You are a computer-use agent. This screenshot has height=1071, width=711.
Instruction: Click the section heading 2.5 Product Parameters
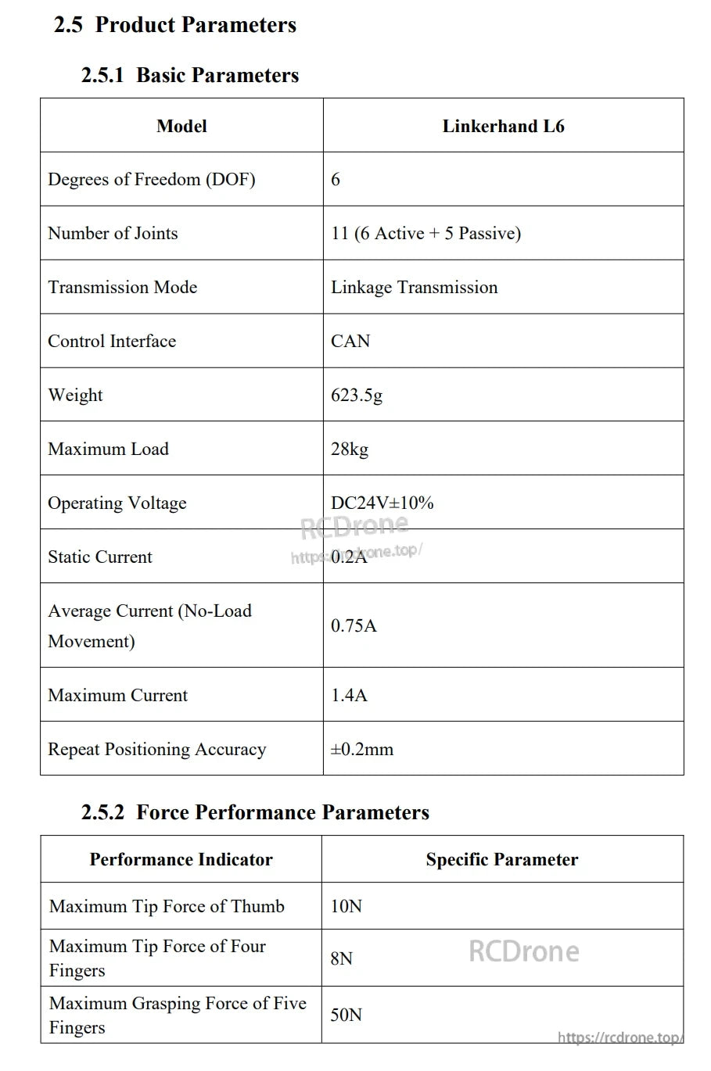[x=175, y=25]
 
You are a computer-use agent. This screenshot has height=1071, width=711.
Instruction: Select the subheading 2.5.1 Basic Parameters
[x=190, y=75]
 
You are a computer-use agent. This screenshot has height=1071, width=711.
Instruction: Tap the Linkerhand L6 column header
[x=503, y=126]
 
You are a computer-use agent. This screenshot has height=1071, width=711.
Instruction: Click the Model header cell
[x=181, y=126]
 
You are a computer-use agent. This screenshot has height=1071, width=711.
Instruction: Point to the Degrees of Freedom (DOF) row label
[x=152, y=179]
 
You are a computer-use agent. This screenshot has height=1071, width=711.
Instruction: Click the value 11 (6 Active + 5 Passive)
[x=426, y=233]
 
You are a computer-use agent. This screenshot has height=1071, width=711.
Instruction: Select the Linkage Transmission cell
[x=414, y=287]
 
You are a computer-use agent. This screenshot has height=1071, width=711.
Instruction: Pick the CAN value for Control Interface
[x=350, y=341]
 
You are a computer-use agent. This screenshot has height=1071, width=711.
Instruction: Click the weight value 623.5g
[x=357, y=395]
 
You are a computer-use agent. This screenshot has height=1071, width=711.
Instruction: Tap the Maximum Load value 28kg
[x=350, y=449]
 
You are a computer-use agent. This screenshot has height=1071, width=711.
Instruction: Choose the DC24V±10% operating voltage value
[x=382, y=503]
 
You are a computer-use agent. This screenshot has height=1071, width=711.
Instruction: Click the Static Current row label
[x=100, y=557]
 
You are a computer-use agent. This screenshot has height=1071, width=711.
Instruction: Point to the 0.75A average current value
[x=354, y=625]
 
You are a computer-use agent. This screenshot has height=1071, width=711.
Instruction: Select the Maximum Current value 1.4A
[x=349, y=695]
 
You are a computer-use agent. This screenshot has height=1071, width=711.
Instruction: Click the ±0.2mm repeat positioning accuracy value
[x=361, y=749]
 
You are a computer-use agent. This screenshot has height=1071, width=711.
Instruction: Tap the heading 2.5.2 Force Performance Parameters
[x=255, y=812]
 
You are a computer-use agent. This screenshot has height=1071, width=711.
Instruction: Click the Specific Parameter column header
[x=502, y=859]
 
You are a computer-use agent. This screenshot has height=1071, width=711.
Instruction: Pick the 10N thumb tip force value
[x=347, y=906]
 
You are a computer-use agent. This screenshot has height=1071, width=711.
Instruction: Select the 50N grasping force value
[x=347, y=1015]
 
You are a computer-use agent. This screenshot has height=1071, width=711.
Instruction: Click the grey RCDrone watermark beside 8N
[x=524, y=951]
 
